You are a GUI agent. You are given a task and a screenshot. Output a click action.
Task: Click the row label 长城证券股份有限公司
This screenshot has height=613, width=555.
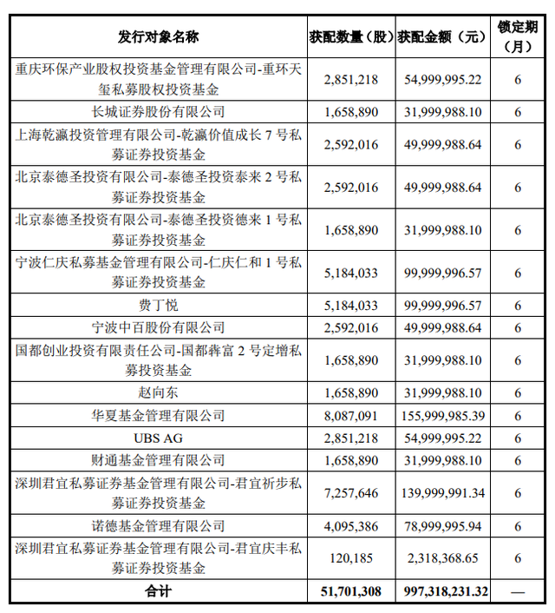[x=158, y=111]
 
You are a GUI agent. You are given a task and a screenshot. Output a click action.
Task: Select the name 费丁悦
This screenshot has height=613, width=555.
[x=158, y=306]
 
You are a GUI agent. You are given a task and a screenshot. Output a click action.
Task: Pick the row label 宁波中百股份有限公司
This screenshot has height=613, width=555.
[x=158, y=327]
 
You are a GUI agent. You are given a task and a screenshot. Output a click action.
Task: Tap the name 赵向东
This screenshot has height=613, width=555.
[x=158, y=393]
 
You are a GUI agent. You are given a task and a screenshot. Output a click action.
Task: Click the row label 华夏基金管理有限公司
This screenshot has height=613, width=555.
[x=158, y=415]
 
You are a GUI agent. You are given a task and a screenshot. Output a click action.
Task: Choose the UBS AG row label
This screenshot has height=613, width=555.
[x=158, y=438]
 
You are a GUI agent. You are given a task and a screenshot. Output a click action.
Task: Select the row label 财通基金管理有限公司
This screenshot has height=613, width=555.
[x=158, y=459]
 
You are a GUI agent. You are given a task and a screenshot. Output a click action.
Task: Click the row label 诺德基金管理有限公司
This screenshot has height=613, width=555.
[x=158, y=525]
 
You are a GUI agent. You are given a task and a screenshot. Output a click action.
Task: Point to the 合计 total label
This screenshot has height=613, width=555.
[x=158, y=590]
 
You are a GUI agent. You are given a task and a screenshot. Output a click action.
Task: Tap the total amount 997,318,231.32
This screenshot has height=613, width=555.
[x=442, y=590]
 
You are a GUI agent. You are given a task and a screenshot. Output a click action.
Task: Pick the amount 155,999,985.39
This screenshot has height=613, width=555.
[x=442, y=415]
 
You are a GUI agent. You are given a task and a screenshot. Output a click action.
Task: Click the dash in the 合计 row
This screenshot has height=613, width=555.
[x=518, y=590]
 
